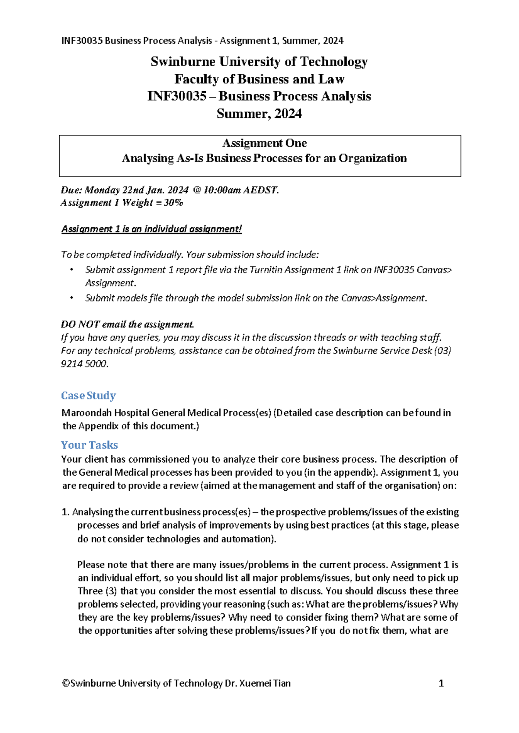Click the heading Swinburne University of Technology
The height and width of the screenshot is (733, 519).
pos(259,62)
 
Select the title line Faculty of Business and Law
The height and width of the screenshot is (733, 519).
pos(259,79)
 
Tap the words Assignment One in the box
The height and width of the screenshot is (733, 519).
pos(264,143)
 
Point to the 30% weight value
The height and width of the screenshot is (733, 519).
pos(173,203)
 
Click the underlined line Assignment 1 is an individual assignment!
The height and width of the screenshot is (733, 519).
pos(151,229)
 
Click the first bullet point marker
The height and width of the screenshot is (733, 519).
pos(72,270)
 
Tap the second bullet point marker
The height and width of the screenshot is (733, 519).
pos(72,298)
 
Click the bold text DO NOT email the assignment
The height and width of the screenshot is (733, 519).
pos(128,324)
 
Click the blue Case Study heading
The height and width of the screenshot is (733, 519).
pos(88,396)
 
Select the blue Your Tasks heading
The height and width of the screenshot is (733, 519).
pos(89,445)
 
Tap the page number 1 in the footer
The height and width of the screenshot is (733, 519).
pos(441,683)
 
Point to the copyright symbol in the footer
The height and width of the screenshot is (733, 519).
pos(66,683)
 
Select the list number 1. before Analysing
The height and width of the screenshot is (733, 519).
pos(65,512)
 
